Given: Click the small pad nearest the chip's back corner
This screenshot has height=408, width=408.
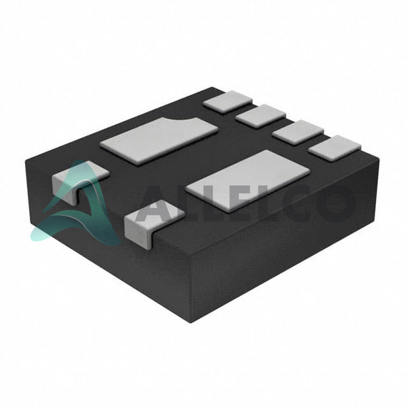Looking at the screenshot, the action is (228, 102).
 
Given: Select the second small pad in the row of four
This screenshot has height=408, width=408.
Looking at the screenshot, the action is (260, 116).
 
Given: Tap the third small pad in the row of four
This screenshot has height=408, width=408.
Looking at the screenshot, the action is (298, 132).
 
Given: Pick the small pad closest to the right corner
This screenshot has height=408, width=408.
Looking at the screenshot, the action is (335, 148).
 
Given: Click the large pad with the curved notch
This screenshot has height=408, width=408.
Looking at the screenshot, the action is (159, 141).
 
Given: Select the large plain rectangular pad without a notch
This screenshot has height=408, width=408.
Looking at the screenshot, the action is (248, 180).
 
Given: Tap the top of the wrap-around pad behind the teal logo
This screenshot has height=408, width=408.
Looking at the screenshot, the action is (81, 173).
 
